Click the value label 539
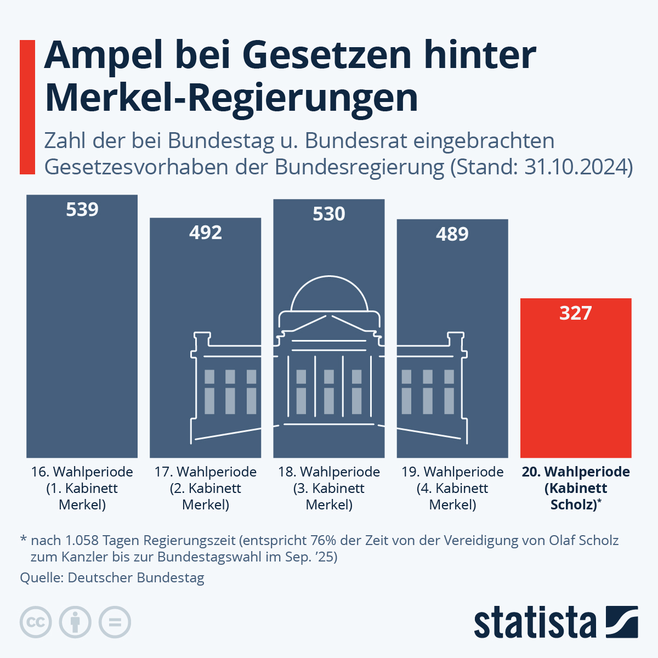82,209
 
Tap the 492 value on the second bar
206,232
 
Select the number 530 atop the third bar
329,213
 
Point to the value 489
452,234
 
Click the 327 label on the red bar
576,313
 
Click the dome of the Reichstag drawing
329,296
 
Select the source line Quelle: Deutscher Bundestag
112,577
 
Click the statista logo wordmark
535,622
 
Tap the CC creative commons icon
36,622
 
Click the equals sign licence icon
115,622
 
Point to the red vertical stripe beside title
27,107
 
